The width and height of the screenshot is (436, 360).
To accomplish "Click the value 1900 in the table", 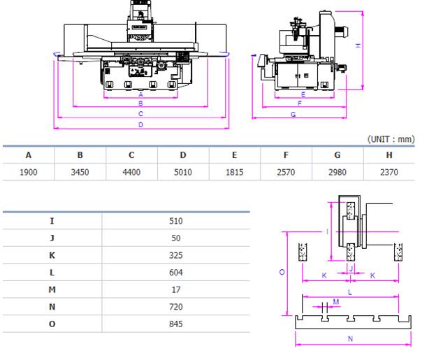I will [x=29, y=172].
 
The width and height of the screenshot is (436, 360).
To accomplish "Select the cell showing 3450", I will [x=80, y=172].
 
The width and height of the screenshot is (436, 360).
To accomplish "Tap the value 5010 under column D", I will [x=183, y=172].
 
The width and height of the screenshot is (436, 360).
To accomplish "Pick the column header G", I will [x=337, y=155].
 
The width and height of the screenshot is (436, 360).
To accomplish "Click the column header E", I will [x=234, y=155].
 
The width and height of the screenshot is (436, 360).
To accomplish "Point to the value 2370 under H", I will [x=388, y=172].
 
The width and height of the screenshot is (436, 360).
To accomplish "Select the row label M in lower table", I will [x=52, y=289].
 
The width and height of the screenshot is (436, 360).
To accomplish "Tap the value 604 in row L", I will [x=175, y=272].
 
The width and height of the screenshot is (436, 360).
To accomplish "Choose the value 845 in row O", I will [x=175, y=324].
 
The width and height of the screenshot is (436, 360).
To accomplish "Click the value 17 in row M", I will [x=175, y=289].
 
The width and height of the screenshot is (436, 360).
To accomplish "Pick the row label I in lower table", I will [x=52, y=221].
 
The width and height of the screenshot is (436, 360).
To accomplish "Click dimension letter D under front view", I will [x=141, y=124].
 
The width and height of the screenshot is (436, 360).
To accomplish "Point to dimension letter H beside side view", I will [x=358, y=45].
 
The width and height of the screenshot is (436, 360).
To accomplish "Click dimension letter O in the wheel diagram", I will [x=282, y=273].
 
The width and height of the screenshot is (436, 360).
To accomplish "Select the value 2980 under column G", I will [x=337, y=172].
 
